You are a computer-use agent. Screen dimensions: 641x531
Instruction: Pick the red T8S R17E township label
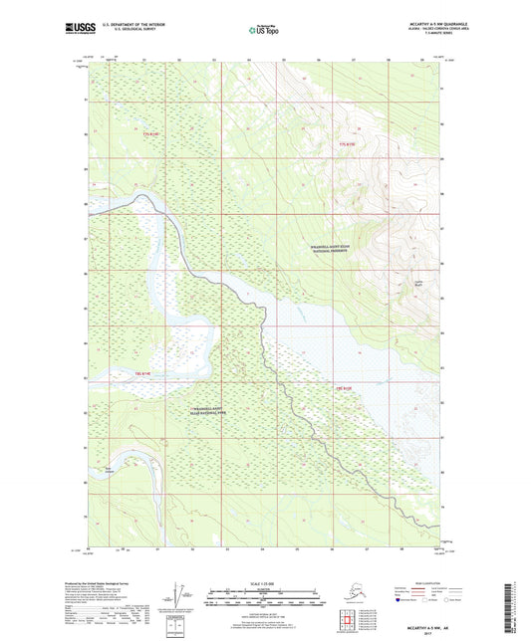coord(345,387)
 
